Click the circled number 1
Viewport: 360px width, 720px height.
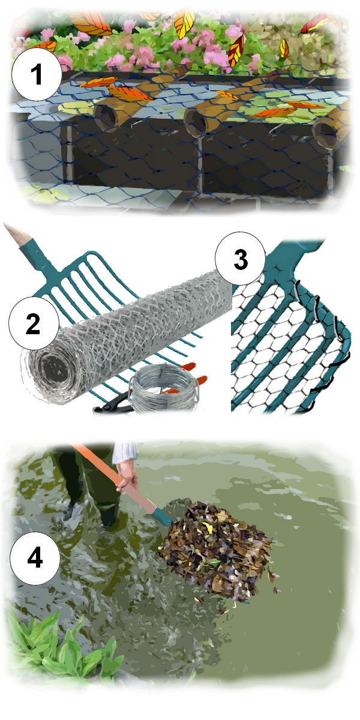37,74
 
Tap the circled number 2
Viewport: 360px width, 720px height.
34,323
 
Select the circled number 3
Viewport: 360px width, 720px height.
241,259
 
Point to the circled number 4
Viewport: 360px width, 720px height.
35,557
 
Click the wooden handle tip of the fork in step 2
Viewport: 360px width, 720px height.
17,235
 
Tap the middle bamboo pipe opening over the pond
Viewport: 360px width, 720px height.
195,121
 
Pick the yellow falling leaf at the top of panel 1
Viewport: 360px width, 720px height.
185,23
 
